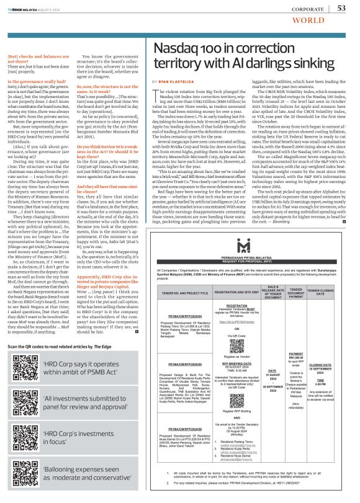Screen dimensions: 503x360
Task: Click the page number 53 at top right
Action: tap(341, 7)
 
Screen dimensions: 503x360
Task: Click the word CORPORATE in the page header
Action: tap(304, 8)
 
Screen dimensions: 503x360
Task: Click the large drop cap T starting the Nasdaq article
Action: tap(155, 94)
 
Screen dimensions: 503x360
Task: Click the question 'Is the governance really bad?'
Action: tap(37, 81)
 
